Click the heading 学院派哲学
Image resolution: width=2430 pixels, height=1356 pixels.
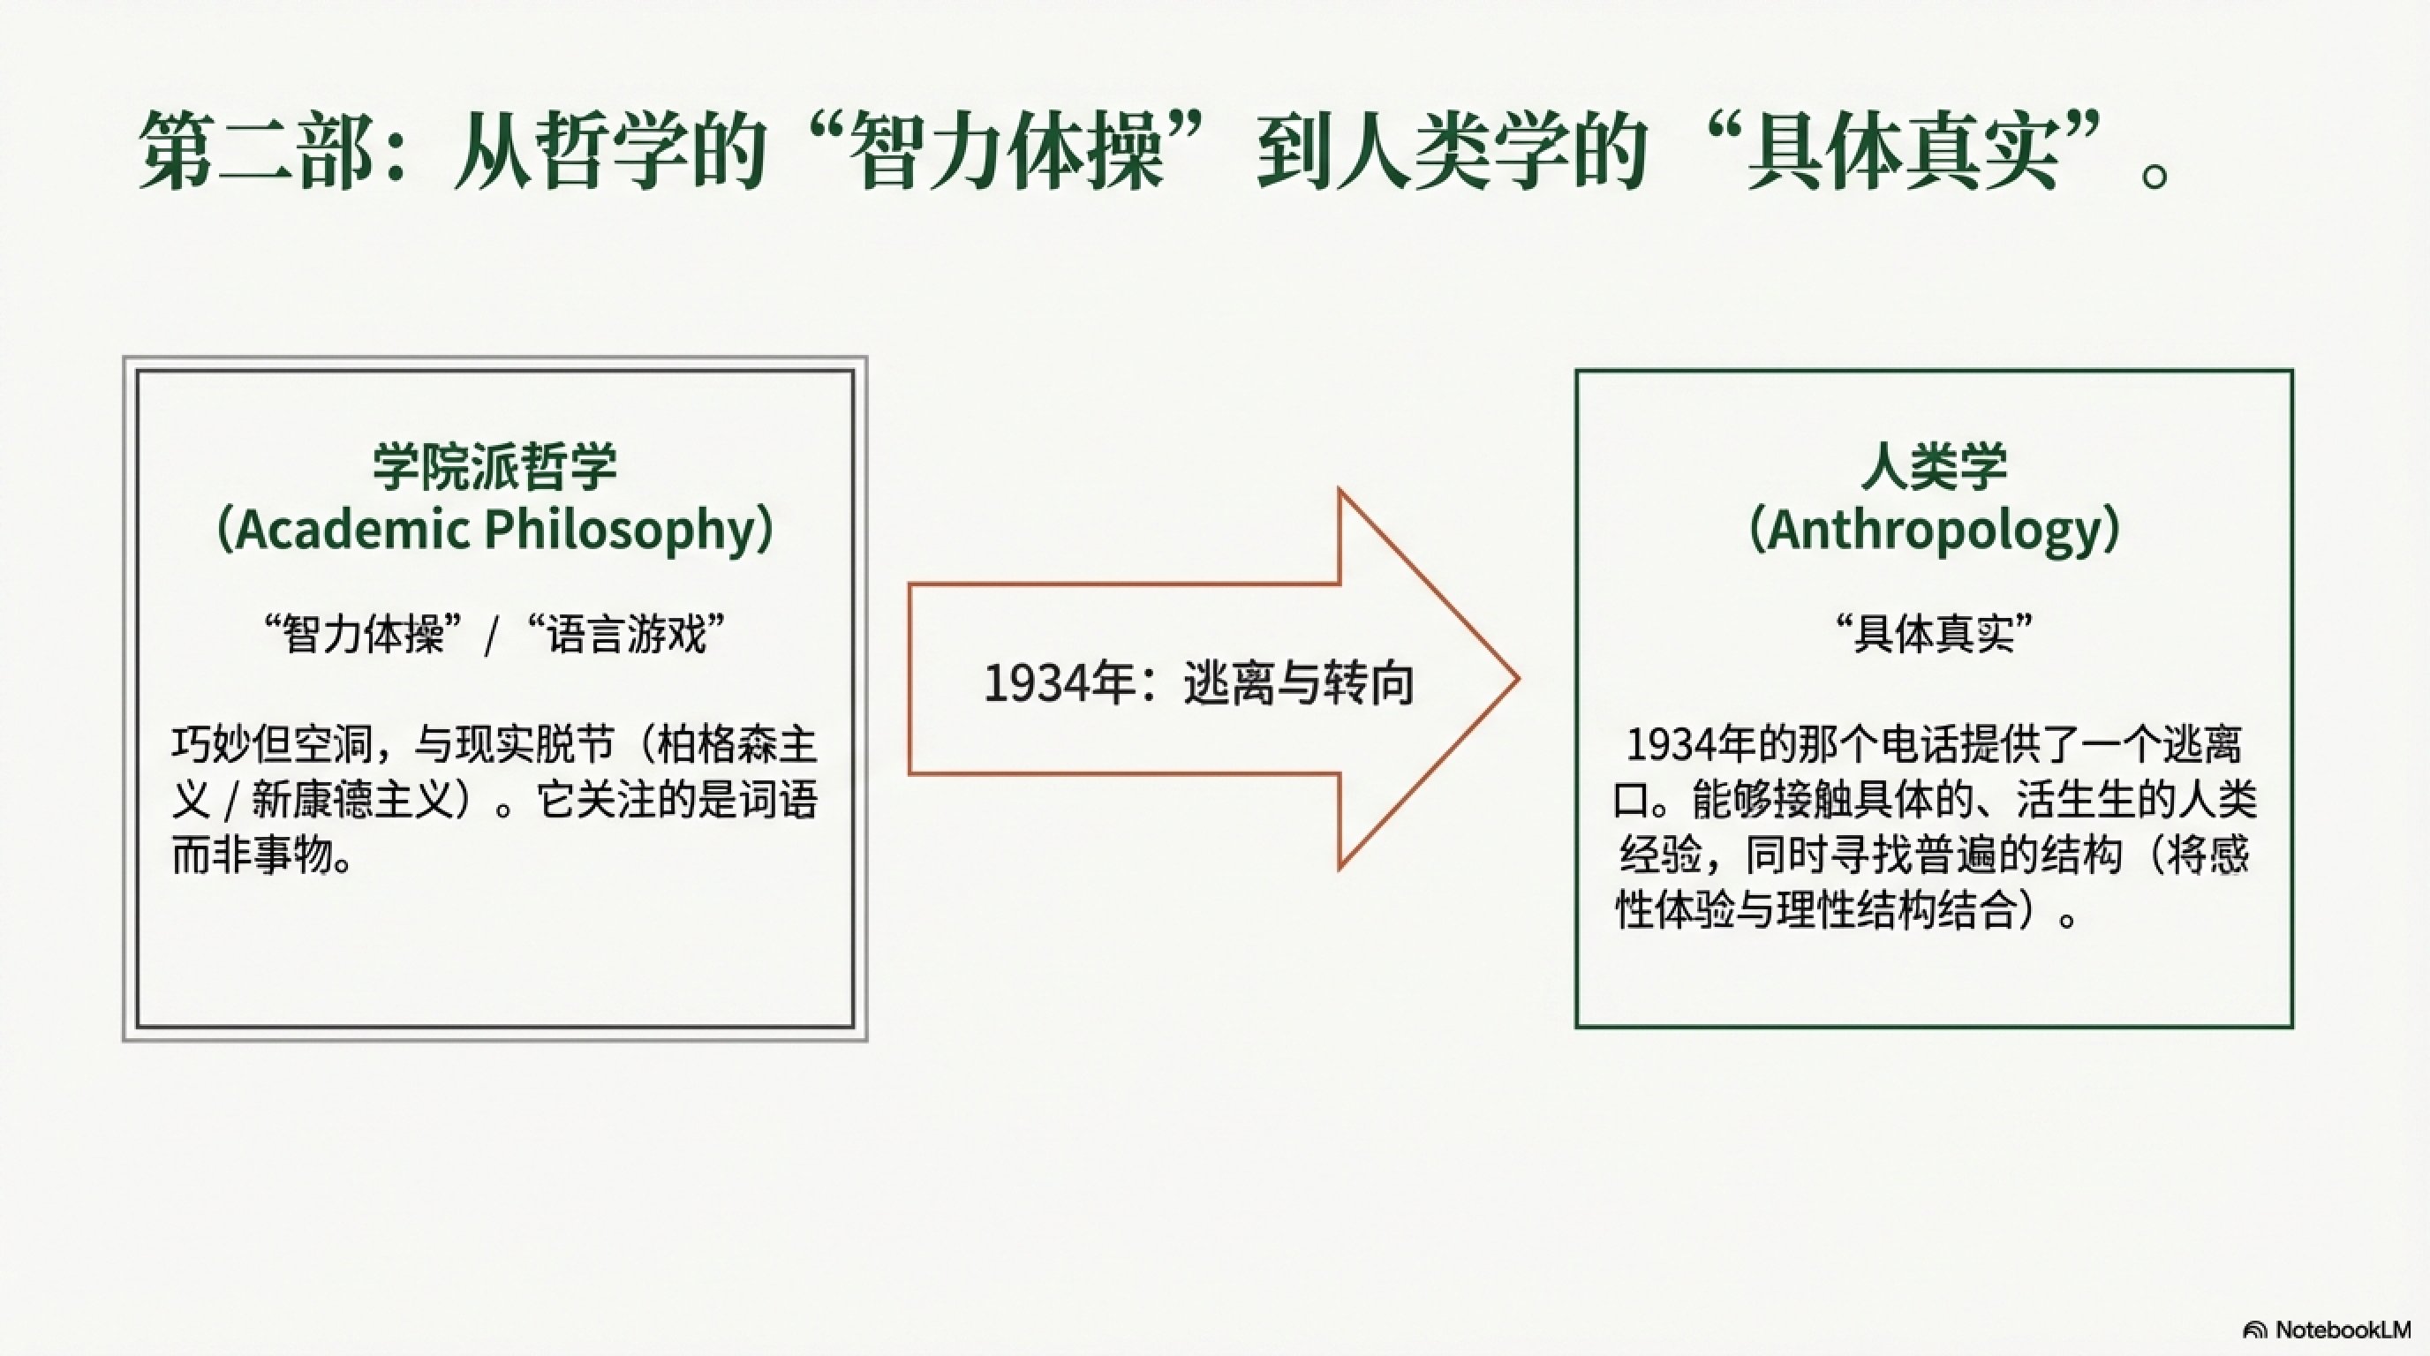[x=495, y=467]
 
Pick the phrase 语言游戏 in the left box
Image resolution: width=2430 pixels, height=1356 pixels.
[x=627, y=635]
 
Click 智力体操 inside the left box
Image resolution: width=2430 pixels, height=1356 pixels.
[x=364, y=635]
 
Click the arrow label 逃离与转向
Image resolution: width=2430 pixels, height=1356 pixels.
[x=1299, y=683]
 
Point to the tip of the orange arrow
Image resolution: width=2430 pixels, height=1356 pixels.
[x=1518, y=679]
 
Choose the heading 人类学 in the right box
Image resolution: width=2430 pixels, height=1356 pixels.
[x=1935, y=467]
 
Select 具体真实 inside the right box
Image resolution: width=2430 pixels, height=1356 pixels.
[x=1935, y=635]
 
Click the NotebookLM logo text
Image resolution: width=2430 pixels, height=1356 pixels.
[x=2357, y=1329]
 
